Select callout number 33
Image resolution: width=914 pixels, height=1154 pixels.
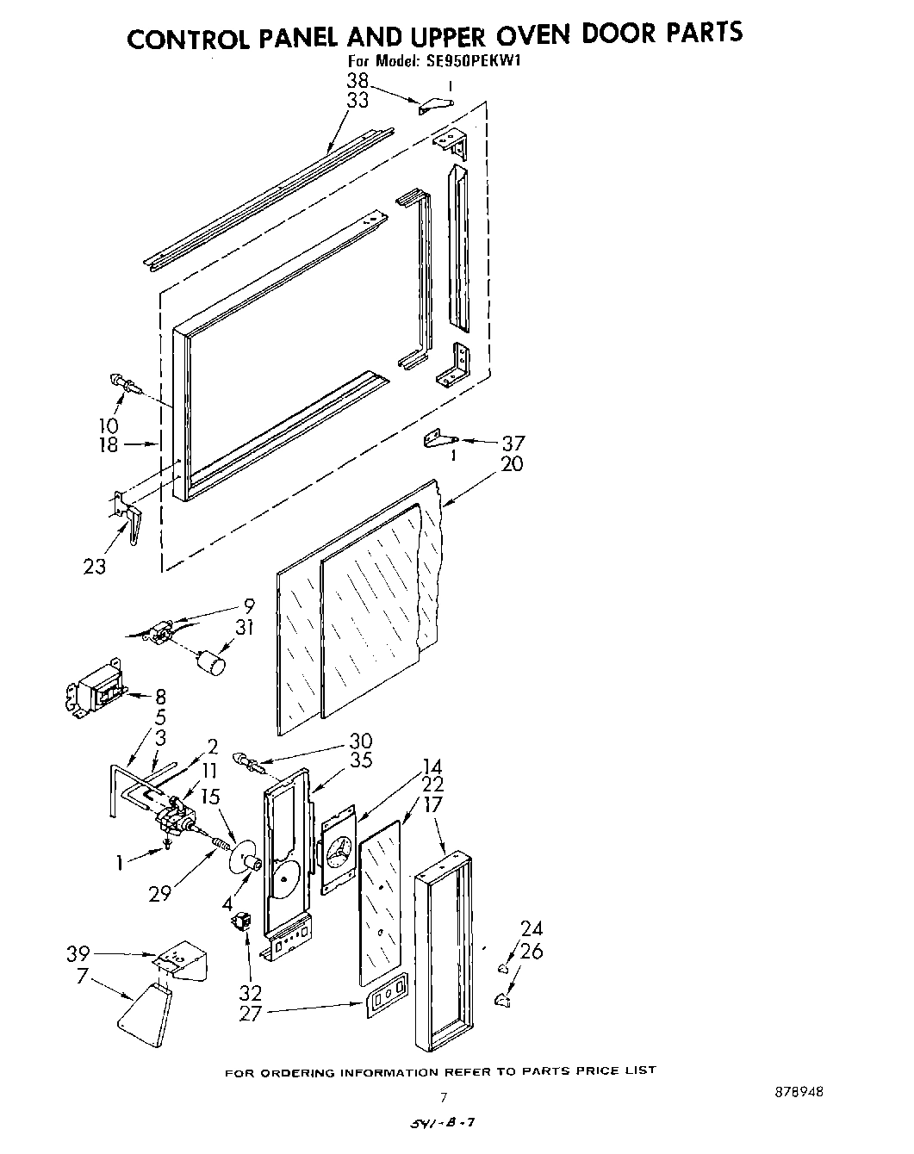pyautogui.click(x=358, y=101)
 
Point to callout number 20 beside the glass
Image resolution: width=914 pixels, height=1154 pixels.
pyautogui.click(x=512, y=464)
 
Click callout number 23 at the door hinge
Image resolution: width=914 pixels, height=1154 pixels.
pyautogui.click(x=95, y=567)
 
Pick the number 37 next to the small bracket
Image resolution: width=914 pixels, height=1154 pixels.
pyautogui.click(x=512, y=444)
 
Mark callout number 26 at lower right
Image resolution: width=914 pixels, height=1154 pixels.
pyautogui.click(x=532, y=952)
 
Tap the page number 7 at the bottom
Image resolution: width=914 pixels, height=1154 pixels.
pyautogui.click(x=444, y=1097)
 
